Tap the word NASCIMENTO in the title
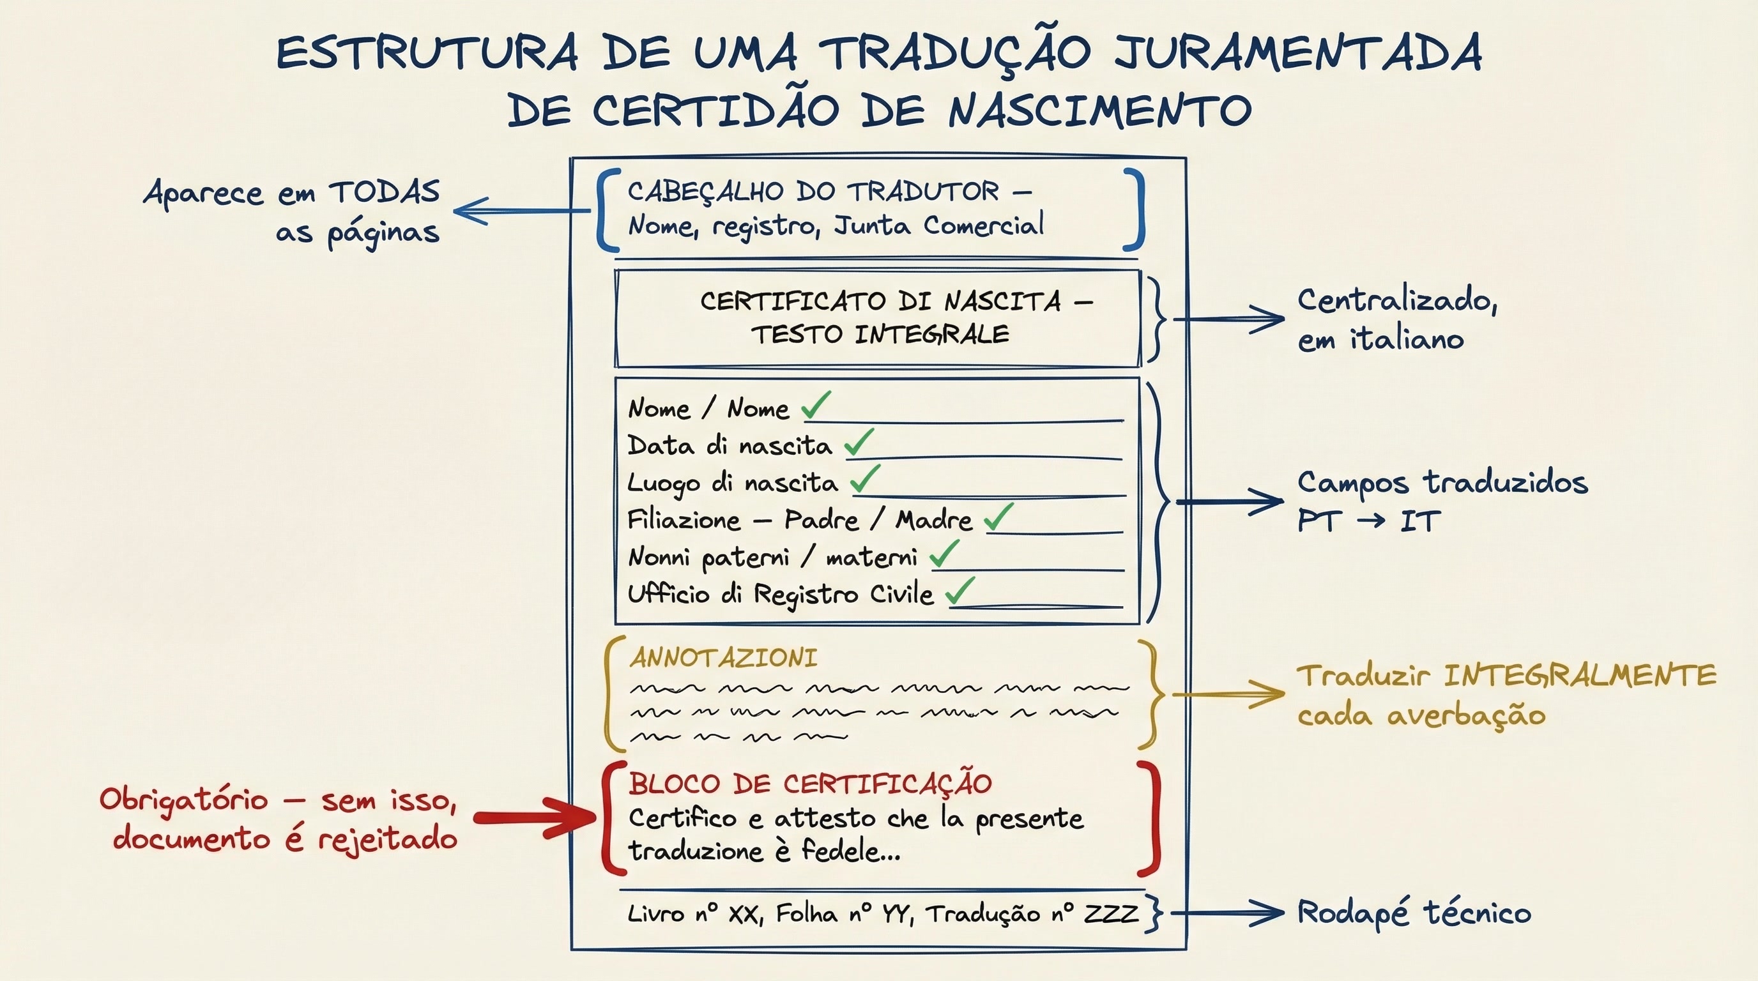(x=1099, y=111)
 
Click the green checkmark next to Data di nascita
(x=859, y=443)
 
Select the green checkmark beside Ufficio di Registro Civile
(x=960, y=591)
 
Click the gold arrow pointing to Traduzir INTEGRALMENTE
(x=1228, y=694)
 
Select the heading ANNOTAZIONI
(x=723, y=658)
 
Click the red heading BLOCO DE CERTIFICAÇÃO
(x=810, y=783)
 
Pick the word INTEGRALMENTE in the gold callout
(x=1580, y=675)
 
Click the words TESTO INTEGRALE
(x=880, y=335)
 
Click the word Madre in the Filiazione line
(x=933, y=521)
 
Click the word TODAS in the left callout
(x=385, y=192)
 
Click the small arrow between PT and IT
(x=1372, y=521)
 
